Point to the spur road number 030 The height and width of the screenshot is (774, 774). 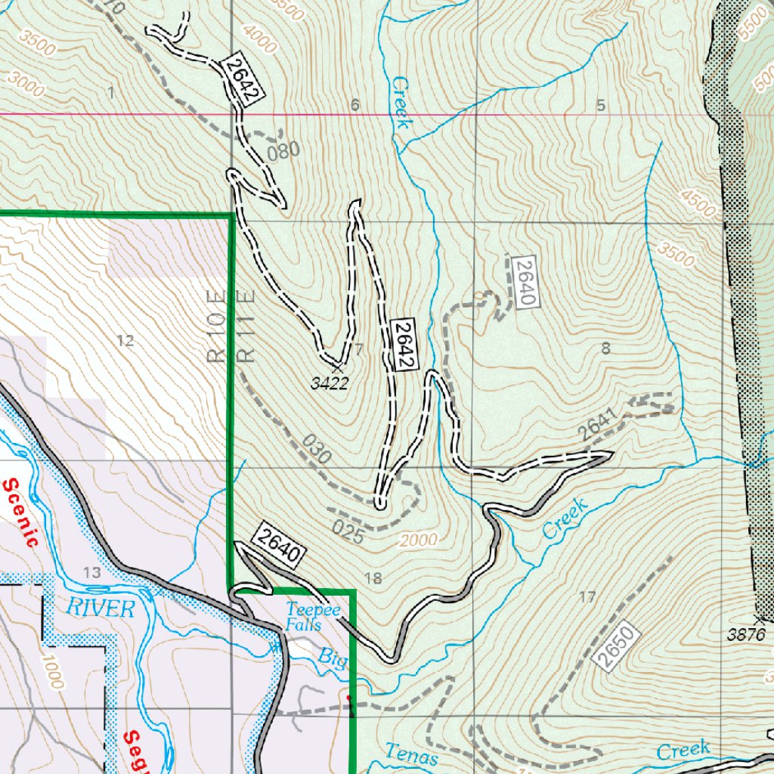coord(315,450)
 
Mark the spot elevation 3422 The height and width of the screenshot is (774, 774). coord(330,383)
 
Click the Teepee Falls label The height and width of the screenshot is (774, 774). coord(304,618)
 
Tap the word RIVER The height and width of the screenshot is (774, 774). coord(100,608)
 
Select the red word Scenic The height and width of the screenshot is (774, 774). coord(21,513)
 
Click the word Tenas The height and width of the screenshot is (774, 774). coord(411,754)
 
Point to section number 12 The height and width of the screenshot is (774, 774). coord(125,341)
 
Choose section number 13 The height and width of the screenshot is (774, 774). coord(92,574)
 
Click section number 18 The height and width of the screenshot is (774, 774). coord(373,579)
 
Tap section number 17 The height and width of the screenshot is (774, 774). coord(587,597)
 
